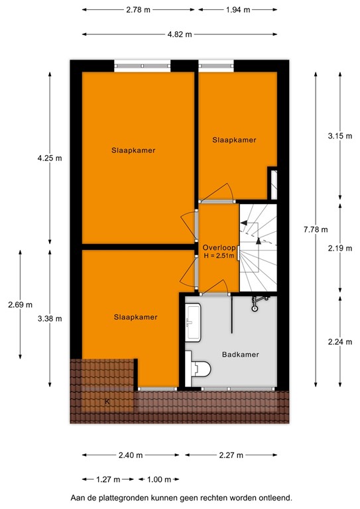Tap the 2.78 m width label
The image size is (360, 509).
[x=139, y=9]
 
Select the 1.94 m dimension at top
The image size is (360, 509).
[x=238, y=9]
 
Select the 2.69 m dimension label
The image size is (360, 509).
[x=20, y=305]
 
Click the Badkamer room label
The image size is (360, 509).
[x=239, y=354]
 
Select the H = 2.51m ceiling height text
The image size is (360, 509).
[x=219, y=256]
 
